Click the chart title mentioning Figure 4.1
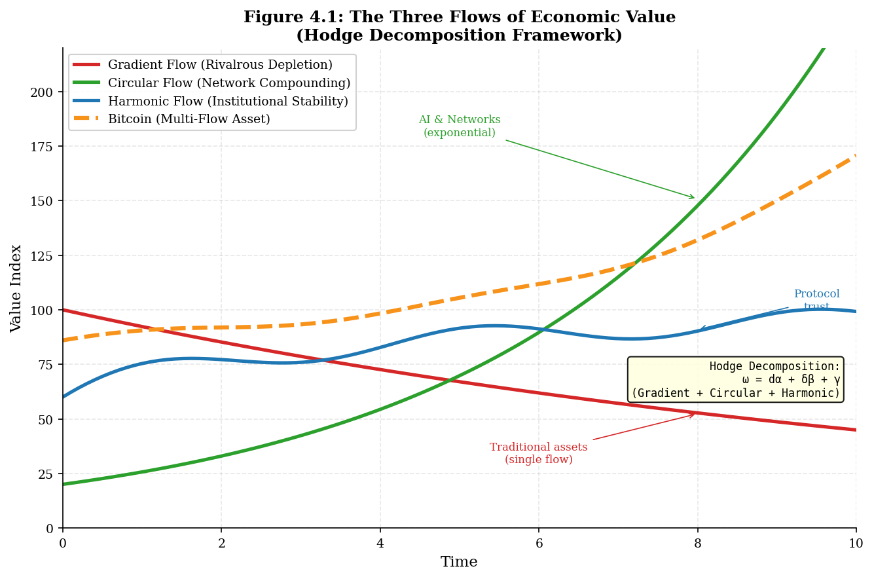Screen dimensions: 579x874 point(459,26)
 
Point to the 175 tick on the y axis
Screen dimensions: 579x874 point(42,146)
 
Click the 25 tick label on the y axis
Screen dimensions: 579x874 point(46,474)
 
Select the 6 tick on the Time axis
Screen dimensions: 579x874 point(539,544)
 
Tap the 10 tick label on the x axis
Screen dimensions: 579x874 point(856,544)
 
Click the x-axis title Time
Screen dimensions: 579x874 point(459,563)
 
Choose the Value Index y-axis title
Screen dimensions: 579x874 point(16,288)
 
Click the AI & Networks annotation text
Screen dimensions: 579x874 point(459,126)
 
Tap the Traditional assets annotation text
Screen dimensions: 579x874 point(538,453)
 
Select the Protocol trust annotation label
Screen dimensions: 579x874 point(816,301)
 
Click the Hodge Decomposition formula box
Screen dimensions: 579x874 point(735,380)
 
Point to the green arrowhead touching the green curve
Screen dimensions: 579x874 point(693,197)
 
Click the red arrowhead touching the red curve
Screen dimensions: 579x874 point(693,414)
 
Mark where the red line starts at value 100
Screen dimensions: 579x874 point(64,310)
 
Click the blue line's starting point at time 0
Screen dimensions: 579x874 point(64,397)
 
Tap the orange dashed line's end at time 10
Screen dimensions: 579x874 point(855,156)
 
